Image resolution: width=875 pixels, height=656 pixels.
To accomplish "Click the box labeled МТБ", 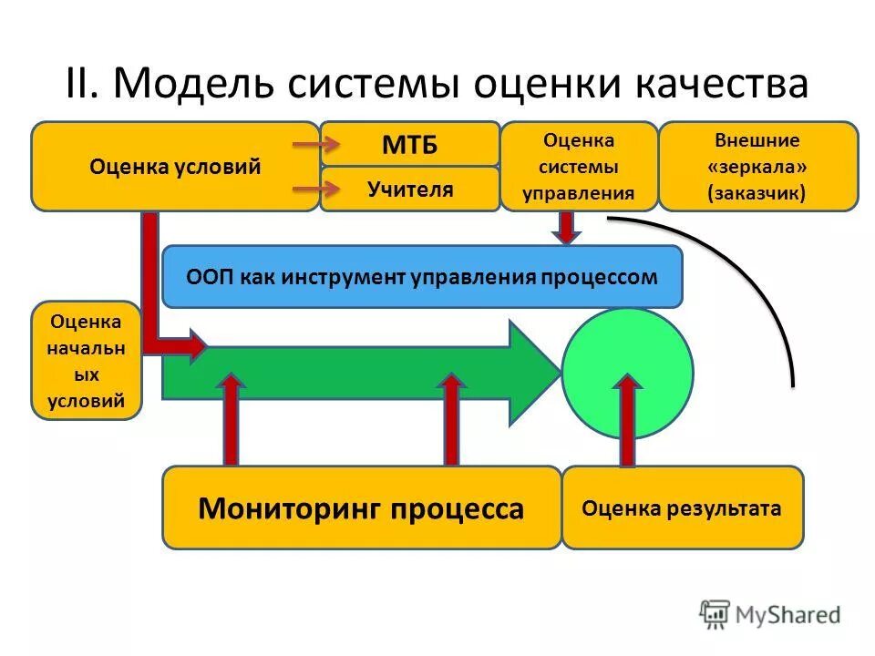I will (409, 144).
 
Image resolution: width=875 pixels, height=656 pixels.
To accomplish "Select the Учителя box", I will (409, 190).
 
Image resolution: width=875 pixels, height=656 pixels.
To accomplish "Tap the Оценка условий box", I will (175, 167).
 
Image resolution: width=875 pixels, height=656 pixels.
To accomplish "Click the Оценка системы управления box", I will (579, 167).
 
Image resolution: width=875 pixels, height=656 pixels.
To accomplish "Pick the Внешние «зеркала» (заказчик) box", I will (757, 167).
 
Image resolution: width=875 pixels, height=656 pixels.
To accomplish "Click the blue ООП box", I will (421, 277).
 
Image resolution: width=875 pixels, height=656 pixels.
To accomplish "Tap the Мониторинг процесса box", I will (361, 508).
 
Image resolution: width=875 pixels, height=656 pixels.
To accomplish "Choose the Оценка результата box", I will (682, 508).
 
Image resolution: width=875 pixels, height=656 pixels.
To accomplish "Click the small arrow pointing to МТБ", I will (315, 144).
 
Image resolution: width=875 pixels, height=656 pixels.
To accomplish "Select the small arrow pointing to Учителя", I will (315, 190).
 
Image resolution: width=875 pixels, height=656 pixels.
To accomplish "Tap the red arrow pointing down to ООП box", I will (567, 228).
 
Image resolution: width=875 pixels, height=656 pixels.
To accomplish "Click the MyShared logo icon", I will (715, 614).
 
